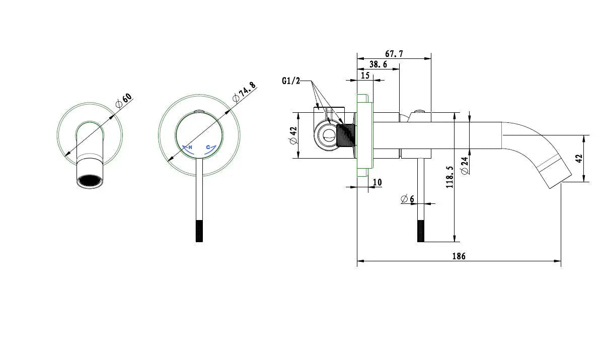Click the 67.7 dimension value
[394, 54]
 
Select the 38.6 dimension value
[378, 64]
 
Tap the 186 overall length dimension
[459, 256]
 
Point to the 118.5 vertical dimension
[450, 177]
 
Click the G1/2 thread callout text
[291, 81]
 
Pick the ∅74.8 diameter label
[244, 92]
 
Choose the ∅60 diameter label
[124, 100]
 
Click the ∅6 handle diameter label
[407, 199]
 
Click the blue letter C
[208, 147]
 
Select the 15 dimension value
[365, 76]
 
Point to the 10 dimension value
[377, 182]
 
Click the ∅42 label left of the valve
[294, 135]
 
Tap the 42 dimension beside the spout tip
[579, 158]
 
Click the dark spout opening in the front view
[90, 180]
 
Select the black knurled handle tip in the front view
[199, 231]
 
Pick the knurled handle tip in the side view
[421, 231]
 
